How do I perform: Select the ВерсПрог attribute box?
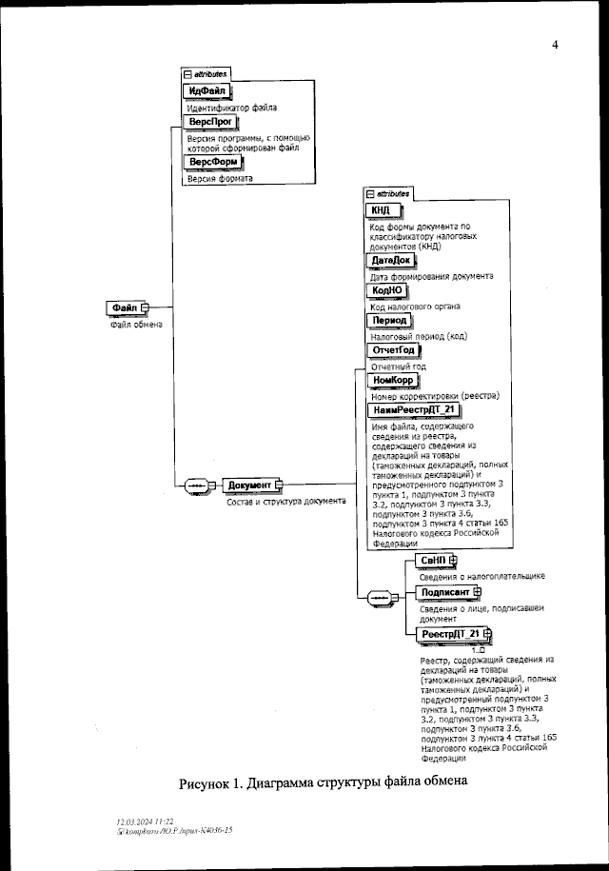coord(206,123)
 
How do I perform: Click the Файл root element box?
coord(125,307)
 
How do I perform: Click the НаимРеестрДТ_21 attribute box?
coord(415,409)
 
